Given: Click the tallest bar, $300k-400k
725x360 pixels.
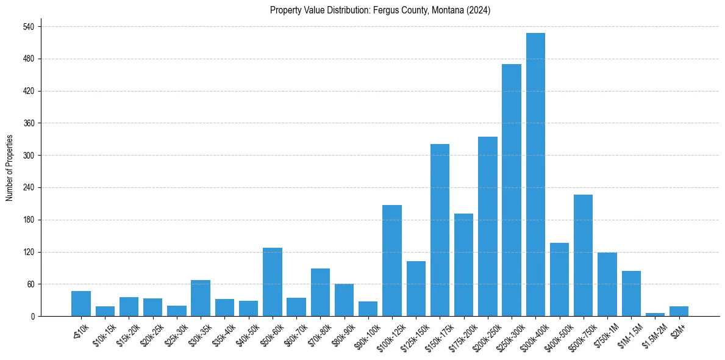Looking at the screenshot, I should pos(535,175).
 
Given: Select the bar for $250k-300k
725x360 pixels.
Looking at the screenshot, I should pos(512,190).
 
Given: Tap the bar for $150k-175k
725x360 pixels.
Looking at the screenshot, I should pos(440,230).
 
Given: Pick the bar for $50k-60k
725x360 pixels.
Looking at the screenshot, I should pos(273,282).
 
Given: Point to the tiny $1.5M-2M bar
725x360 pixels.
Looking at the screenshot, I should pos(655,314).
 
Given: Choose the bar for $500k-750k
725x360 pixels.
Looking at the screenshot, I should pos(584,255).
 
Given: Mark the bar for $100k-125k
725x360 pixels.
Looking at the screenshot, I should pos(392,261).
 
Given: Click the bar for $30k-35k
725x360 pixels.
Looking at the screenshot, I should pos(201,298).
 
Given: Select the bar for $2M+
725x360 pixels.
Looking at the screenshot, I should pos(679,311).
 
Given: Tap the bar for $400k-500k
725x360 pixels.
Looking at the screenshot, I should pos(559,279).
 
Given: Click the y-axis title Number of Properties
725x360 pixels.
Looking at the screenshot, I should pos(9,168).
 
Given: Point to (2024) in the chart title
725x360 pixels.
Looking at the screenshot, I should pos(477,10).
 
